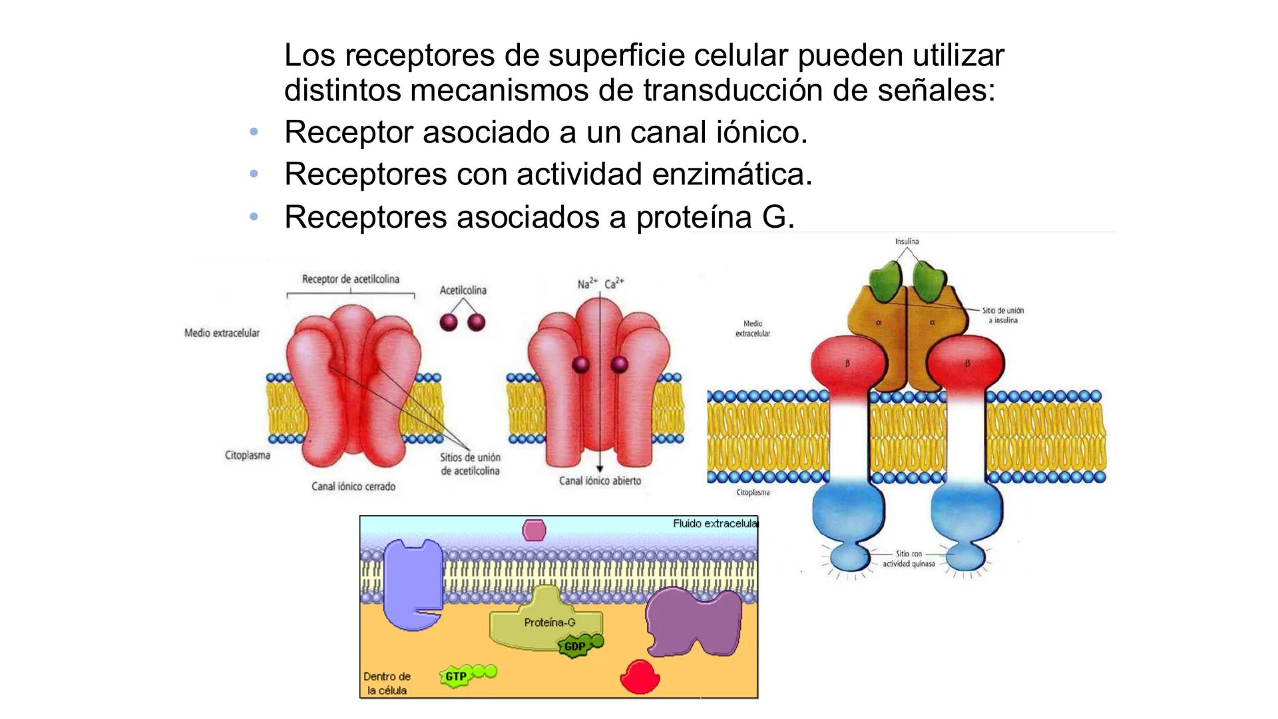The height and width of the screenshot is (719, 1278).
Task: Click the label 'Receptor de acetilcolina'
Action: (350, 279)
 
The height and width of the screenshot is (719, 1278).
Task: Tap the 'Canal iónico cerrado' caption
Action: (353, 487)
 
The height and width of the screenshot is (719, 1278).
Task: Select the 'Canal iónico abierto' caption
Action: (600, 481)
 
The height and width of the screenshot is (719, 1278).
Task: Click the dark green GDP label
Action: (575, 646)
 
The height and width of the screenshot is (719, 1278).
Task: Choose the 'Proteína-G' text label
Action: (549, 622)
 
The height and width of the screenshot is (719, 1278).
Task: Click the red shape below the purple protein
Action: (640, 677)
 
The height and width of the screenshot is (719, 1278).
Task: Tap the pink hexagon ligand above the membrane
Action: (534, 530)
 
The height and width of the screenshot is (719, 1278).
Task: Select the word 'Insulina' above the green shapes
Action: (907, 241)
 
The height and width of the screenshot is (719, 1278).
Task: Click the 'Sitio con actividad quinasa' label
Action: (909, 559)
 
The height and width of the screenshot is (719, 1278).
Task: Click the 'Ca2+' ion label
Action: (614, 284)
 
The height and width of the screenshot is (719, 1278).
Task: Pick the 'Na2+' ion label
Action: (586, 284)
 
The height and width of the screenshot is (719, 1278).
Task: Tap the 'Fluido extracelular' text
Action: (715, 524)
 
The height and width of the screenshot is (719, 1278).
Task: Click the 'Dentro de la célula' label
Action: (387, 683)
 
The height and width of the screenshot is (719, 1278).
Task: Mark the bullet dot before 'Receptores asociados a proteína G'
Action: (254, 217)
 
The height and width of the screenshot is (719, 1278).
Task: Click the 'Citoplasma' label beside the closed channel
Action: (248, 456)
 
